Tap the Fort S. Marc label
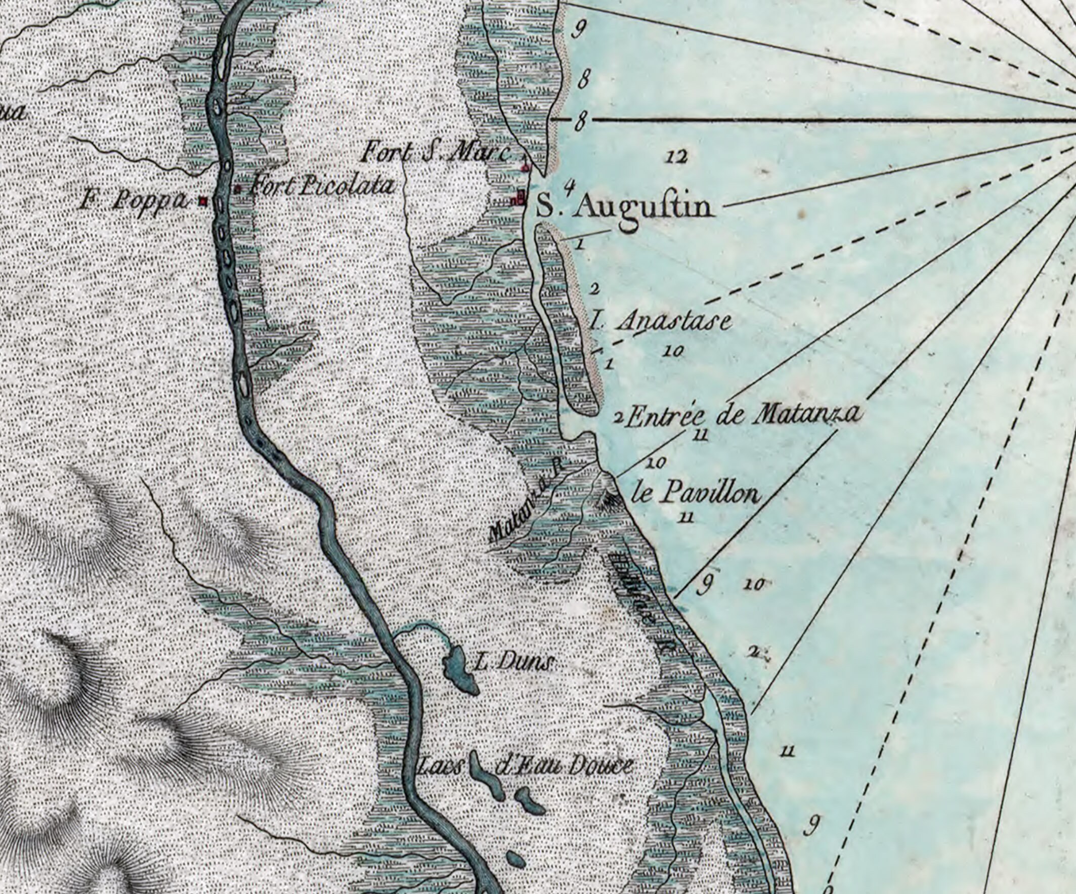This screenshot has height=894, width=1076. point(436,153)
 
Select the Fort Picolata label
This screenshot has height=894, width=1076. point(321,187)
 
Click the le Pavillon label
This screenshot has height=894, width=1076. point(696,495)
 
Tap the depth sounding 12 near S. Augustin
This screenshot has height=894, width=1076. point(676,157)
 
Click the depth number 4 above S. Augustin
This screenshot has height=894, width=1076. point(567,184)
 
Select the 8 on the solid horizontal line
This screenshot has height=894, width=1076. point(581,121)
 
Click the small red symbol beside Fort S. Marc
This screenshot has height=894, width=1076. point(524,167)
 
